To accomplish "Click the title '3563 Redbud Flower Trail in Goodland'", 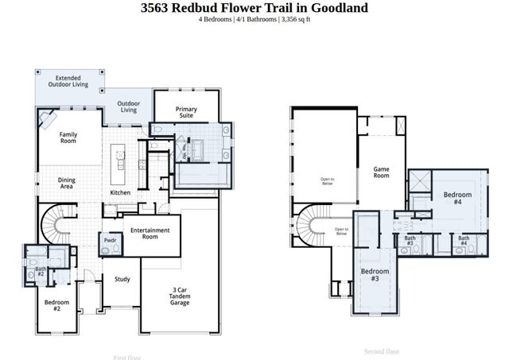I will [254, 8].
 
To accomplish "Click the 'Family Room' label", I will [68, 137].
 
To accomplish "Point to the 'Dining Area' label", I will [67, 184].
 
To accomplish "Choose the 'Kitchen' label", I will [120, 193].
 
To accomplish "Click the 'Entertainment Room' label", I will [150, 234].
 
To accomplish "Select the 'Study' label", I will [122, 279].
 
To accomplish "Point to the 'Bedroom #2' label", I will [57, 305].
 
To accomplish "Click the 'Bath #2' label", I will [41, 272].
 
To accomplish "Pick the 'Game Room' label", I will [382, 172].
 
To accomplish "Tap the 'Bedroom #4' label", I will [457, 198].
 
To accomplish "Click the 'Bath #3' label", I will [410, 241].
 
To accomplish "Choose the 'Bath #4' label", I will [463, 241].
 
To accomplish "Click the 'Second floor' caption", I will [382, 350].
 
